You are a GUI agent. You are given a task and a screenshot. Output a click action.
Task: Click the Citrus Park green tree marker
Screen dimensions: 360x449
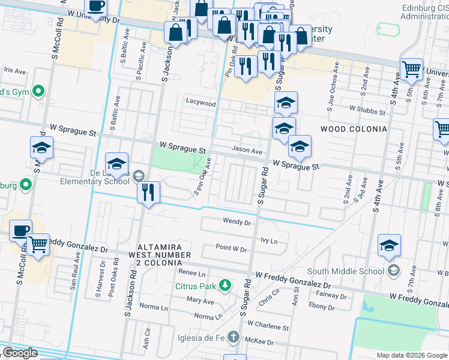point(225,284)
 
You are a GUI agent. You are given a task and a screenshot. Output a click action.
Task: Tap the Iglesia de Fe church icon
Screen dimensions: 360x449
point(234,337)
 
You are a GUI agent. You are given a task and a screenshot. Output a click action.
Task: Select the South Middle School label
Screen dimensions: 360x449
point(346,271)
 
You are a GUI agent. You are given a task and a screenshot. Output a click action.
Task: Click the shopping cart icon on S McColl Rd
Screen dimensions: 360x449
point(38,244)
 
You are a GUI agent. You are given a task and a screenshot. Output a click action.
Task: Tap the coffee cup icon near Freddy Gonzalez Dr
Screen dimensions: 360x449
point(20,230)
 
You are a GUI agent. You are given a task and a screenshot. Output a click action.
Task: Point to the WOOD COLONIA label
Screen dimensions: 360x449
point(353,129)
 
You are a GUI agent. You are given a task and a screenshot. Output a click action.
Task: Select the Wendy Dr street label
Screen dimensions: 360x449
point(237,221)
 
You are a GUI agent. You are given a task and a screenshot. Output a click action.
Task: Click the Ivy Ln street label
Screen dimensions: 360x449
point(269,241)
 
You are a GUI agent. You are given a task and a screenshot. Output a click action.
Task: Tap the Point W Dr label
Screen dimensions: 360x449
point(231,248)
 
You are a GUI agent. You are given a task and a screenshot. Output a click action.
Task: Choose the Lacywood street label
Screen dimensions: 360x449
point(200,103)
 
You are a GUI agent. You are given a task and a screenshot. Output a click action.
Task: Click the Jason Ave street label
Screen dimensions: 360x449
point(247,151)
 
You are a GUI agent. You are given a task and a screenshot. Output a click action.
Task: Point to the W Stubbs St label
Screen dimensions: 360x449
point(367,111)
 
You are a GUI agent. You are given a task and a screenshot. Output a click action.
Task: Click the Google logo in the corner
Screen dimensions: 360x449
point(20,353)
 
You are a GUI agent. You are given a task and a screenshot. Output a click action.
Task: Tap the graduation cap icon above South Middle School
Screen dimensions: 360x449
point(389,245)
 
